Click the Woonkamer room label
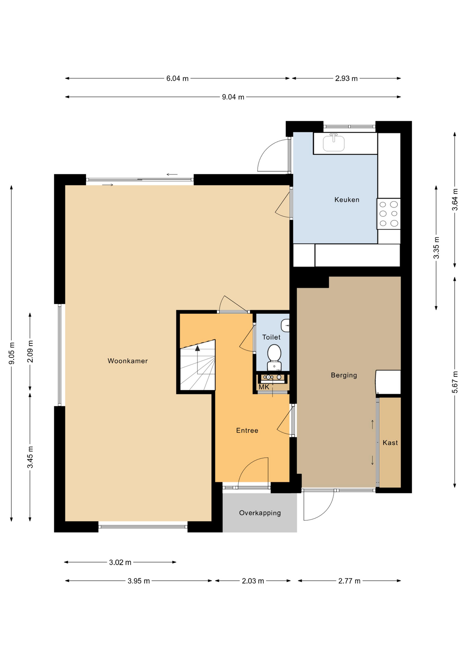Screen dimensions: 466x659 [x=128, y=361]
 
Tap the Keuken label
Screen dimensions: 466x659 [x=347, y=200]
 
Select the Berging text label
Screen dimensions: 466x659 [x=344, y=375]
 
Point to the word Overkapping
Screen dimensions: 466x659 [x=260, y=513]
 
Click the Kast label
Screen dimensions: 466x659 [x=390, y=443]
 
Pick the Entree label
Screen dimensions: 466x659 [x=247, y=430]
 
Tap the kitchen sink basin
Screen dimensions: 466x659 [x=334, y=143]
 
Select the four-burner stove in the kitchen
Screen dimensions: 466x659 [x=388, y=214]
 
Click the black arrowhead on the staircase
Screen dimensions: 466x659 [x=198, y=348]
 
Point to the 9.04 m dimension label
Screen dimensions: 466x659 [x=233, y=97]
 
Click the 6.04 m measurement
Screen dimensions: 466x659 [x=177, y=79]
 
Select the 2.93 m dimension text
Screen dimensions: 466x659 [x=346, y=79]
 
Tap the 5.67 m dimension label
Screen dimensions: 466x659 [x=455, y=382]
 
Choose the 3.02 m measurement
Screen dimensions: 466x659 [x=120, y=563]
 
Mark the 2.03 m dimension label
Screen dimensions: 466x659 [x=253, y=581]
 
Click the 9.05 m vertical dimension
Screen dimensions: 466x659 [x=12, y=353]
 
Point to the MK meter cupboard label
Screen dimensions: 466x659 [x=264, y=387]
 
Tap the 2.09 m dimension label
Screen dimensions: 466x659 [x=30, y=351]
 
